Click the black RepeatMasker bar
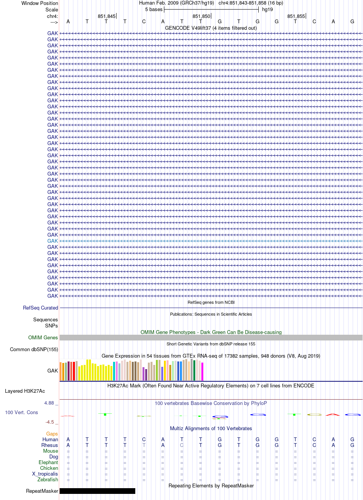coord(97,491)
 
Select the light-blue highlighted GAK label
coord(52,241)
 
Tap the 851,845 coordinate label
coord(106,16)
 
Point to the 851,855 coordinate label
coord(296,16)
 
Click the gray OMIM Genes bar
coord(211,337)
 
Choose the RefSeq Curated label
coord(41,308)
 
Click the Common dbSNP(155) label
coord(34,349)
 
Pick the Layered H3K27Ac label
coord(25,391)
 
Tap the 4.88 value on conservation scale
coord(49,403)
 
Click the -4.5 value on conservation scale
coord(50,422)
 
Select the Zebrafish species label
coord(48,479)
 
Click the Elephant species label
coord(48,462)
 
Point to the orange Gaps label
coord(52,434)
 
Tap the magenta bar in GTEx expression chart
coord(202,371)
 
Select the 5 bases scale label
coord(154,10)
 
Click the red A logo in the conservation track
coord(333,415)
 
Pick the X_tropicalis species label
coord(45,474)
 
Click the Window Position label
coord(40,3)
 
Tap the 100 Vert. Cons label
coord(21,412)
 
